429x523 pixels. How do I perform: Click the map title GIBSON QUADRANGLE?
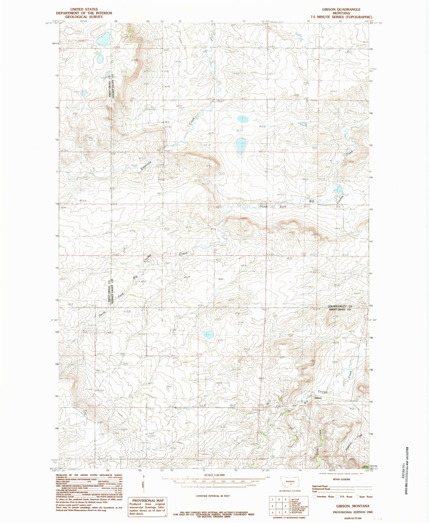[x=341, y=10]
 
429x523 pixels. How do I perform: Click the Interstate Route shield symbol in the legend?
[x=315, y=497]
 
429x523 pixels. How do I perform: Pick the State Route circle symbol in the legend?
[x=357, y=497]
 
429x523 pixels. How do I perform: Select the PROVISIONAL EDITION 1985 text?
[x=353, y=512]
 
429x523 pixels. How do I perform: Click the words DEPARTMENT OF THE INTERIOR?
[x=84, y=13]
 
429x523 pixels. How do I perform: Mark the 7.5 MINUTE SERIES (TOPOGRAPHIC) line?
[x=341, y=17]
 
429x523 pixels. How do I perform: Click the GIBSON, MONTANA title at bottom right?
[x=353, y=506]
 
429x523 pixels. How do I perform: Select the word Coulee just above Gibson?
[x=323, y=392]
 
